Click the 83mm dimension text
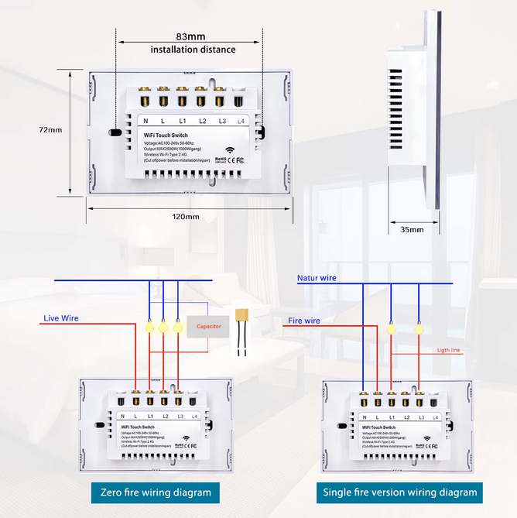tap(190, 36)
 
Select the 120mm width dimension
tap(186, 217)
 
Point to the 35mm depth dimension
tap(412, 230)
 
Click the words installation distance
tap(193, 50)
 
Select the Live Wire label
tap(60, 318)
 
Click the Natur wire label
tap(317, 277)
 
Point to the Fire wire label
tap(304, 320)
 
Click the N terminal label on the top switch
tap(146, 121)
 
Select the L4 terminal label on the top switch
tap(240, 121)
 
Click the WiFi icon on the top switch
tap(230, 151)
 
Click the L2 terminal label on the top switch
tap(202, 121)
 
